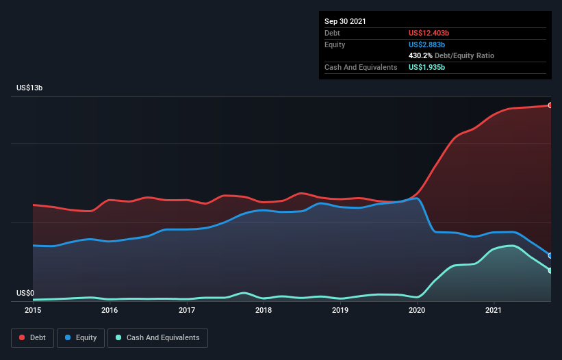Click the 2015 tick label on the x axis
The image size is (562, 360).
point(33,310)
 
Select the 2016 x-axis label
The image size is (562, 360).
point(110,310)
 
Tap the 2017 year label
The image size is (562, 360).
point(187,310)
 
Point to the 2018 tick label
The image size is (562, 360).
point(264,310)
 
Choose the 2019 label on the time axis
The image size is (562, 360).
point(340,310)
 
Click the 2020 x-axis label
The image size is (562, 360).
point(417,310)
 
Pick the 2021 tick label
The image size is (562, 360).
point(494,310)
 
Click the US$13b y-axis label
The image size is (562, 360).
point(29,88)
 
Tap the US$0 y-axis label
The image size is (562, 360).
point(25,293)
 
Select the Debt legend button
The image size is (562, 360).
point(33,338)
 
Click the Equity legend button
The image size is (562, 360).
point(81,338)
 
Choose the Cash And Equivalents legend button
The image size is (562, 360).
point(157,338)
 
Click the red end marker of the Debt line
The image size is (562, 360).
point(550,105)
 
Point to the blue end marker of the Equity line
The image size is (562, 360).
point(550,256)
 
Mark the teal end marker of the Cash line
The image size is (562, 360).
point(550,271)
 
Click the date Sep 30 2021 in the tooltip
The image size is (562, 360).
point(345,21)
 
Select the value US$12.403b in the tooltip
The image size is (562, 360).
point(429,33)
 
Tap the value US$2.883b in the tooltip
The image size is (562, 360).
point(426,44)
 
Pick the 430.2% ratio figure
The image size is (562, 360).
point(420,56)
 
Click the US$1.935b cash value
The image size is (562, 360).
point(426,67)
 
